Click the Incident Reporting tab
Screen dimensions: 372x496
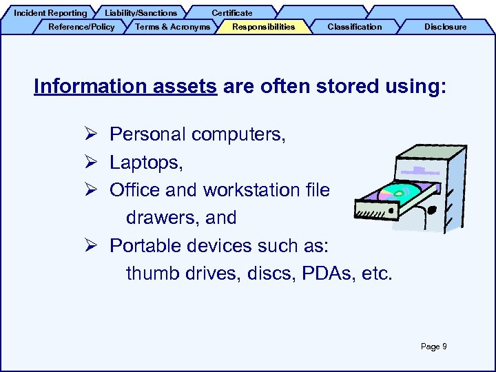tap(50, 12)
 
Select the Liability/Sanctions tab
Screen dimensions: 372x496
tap(141, 12)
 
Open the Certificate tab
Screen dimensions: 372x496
tap(231, 12)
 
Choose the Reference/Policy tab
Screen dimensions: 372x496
tap(81, 27)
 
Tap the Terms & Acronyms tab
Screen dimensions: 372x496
tap(173, 27)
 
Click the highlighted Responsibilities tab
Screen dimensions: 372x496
tap(263, 27)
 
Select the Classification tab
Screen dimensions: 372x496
tap(354, 27)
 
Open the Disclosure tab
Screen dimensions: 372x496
tap(445, 27)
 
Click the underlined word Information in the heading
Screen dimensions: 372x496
tap(82, 87)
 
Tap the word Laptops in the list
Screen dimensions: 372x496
tap(143, 163)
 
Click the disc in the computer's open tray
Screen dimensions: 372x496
tap(399, 194)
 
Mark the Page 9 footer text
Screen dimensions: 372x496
tap(433, 347)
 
